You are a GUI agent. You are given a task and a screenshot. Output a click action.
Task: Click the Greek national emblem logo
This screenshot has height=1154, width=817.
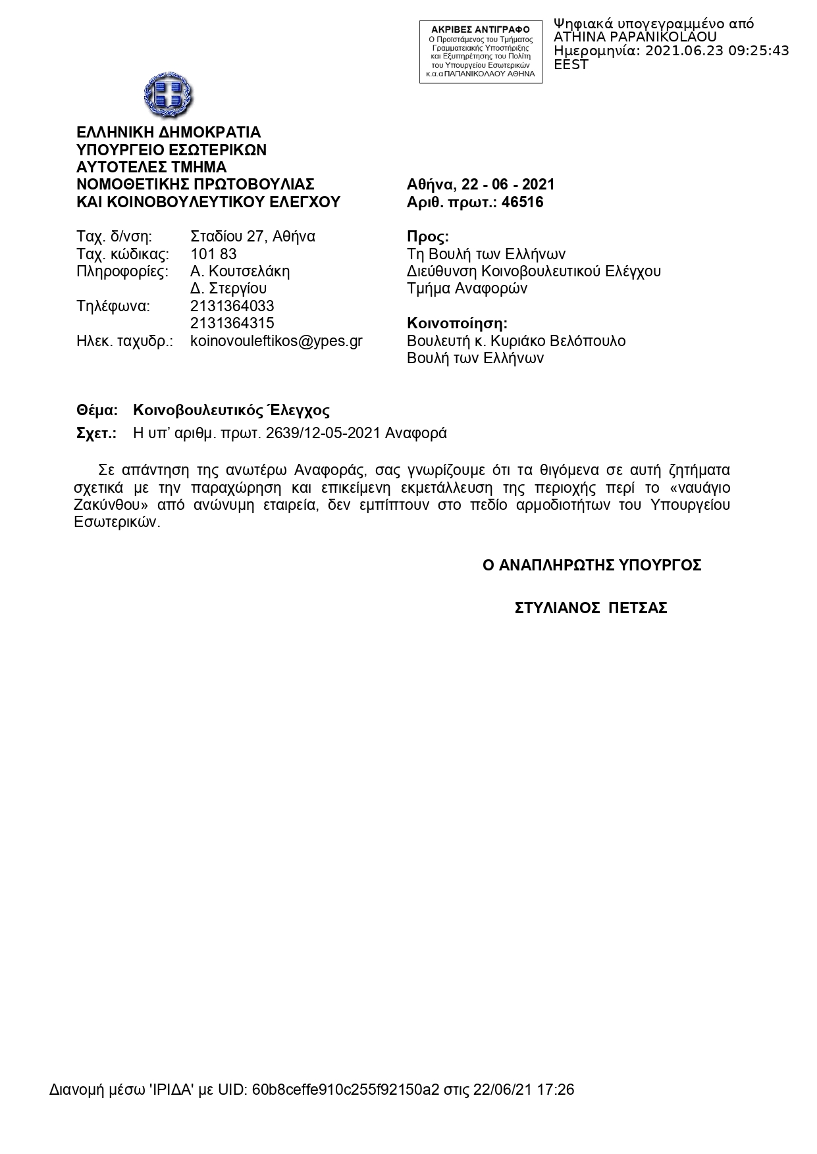tap(169, 95)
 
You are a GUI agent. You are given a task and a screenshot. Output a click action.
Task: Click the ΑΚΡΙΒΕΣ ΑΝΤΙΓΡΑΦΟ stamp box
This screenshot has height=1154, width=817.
tap(481, 52)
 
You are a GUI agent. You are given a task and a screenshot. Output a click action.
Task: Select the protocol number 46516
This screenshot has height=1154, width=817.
tap(522, 202)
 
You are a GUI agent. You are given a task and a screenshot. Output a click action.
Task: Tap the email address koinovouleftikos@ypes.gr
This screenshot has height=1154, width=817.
tap(276, 341)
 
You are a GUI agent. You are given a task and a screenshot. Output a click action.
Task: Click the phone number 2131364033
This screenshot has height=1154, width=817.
tap(232, 306)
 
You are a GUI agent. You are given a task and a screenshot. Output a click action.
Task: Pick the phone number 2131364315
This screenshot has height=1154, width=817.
tap(232, 323)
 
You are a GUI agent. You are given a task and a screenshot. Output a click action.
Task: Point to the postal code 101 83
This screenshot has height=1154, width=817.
tap(213, 254)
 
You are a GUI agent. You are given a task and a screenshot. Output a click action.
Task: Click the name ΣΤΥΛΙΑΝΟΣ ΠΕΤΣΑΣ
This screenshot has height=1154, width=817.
tap(591, 608)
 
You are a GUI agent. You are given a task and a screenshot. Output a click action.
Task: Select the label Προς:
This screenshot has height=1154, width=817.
tap(428, 237)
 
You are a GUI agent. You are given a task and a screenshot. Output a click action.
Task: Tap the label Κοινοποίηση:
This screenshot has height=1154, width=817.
tap(457, 324)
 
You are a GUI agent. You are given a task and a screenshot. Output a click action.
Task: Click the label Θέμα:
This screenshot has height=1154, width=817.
tap(97, 411)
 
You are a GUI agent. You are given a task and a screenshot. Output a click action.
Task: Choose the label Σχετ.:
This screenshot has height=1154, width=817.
tap(96, 433)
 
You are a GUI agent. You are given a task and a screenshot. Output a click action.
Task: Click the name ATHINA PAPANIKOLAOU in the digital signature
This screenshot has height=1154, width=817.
tap(635, 38)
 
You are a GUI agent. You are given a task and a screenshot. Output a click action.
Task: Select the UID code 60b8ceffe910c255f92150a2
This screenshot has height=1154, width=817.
tap(345, 1090)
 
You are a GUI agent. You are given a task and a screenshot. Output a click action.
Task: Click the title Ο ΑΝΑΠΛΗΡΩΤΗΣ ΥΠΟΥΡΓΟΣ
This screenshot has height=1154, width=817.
tap(591, 565)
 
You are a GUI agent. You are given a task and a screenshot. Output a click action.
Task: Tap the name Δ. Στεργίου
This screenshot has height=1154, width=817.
tap(228, 288)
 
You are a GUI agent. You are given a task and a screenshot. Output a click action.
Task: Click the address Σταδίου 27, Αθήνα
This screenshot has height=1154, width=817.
tap(252, 236)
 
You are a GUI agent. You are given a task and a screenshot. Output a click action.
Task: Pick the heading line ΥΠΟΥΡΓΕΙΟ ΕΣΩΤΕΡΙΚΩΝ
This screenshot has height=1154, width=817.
tap(171, 150)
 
